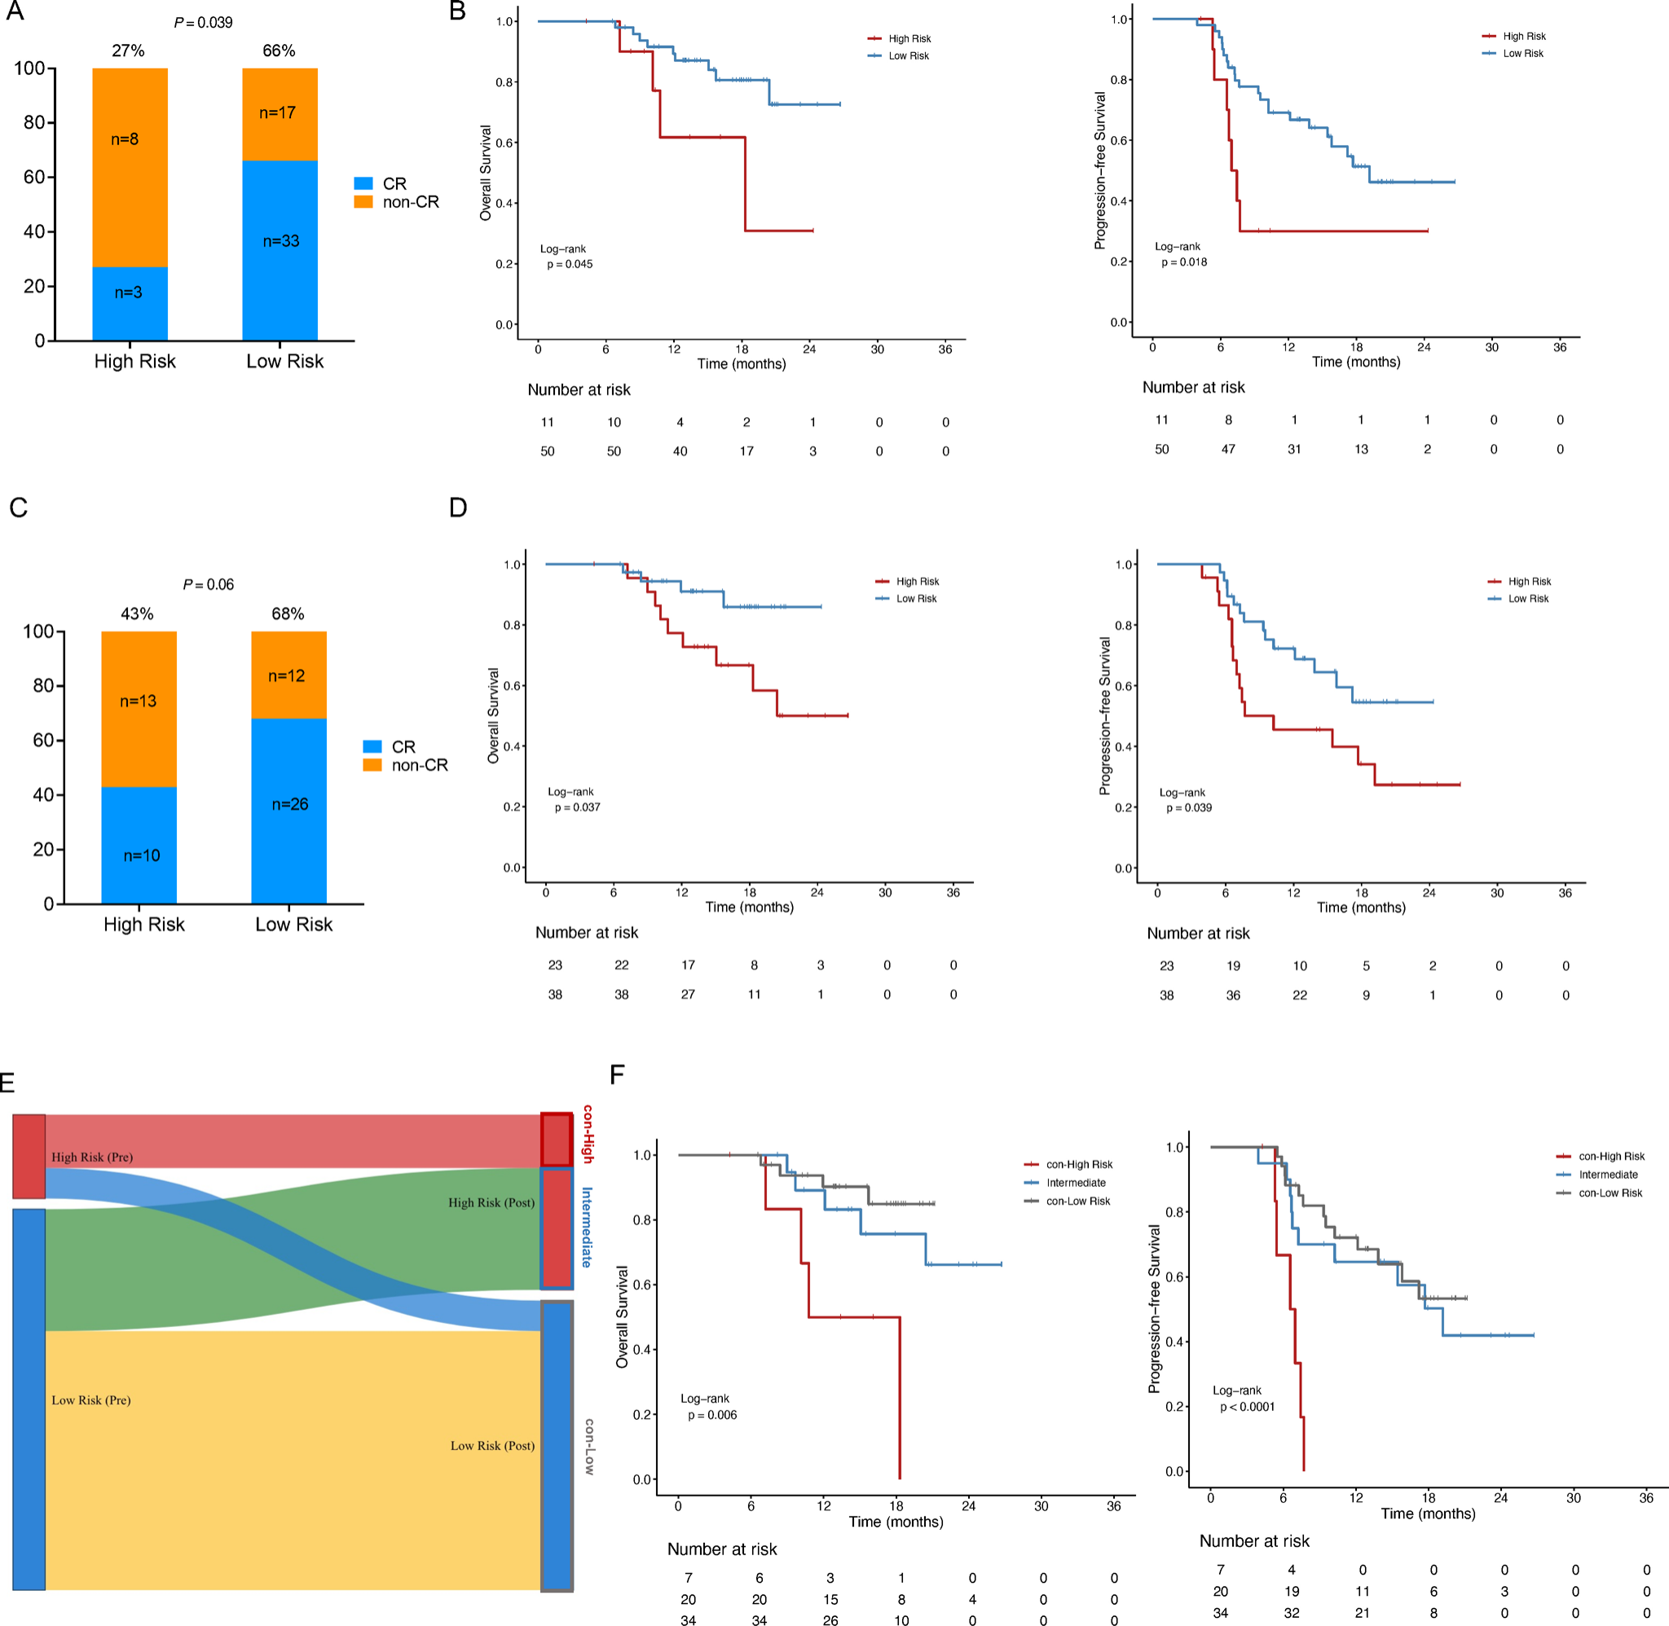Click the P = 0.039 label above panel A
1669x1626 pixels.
pos(203,22)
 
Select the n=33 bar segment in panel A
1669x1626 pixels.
pos(280,242)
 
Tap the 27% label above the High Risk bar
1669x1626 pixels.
pos(128,51)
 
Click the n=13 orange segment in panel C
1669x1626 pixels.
pos(139,701)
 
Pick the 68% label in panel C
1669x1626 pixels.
pos(288,614)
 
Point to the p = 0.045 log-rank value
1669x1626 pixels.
pos(570,265)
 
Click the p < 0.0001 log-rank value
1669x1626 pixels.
pos(1247,1407)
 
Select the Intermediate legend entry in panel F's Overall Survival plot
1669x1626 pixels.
pos(1076,1183)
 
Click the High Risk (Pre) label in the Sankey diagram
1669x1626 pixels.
pos(92,1157)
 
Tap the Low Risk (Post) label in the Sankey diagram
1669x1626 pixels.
pos(493,1446)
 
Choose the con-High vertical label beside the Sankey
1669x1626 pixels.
pos(588,1133)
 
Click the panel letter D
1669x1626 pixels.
pos(458,508)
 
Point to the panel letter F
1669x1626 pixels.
pos(617,1074)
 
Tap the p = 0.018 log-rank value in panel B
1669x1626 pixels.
pos(1184,262)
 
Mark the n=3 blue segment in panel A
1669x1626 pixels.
pos(129,293)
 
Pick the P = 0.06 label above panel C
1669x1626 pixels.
pos(209,585)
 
